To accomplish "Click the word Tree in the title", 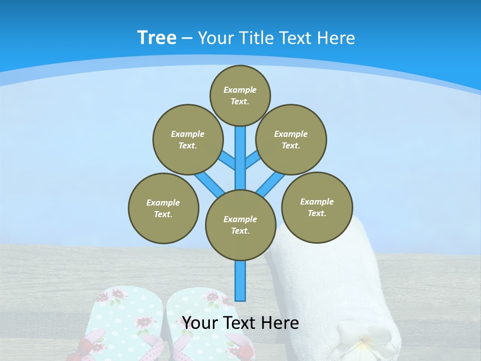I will tap(157, 38).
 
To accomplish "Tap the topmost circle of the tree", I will tap(240, 95).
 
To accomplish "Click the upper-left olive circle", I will tap(188, 139).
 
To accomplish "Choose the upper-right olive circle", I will tap(291, 139).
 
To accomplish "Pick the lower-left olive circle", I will tap(163, 208).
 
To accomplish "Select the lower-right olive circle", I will tap(317, 207).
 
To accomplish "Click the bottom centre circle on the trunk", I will tap(241, 225).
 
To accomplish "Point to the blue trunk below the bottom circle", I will tap(241, 281).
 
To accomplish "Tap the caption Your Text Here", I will tap(241, 323).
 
